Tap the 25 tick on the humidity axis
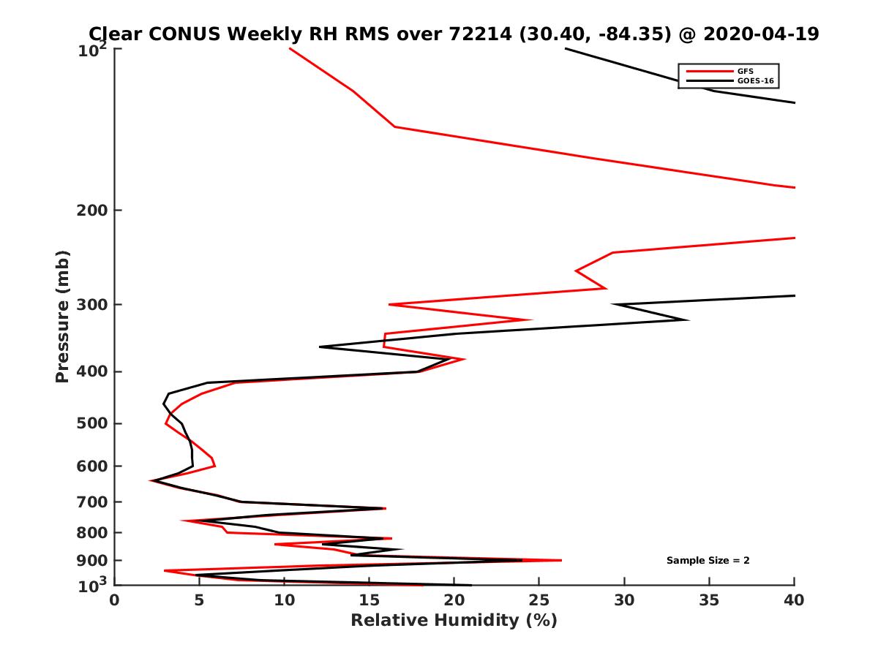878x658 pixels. tap(539, 600)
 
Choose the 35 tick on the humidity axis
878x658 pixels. tap(710, 600)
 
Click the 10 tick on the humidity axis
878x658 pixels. tap(284, 600)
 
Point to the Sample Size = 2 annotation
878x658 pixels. tap(708, 561)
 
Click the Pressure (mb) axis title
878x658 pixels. tap(62, 317)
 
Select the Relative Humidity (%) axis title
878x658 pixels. tap(454, 621)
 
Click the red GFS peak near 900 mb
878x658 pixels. tap(561, 560)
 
